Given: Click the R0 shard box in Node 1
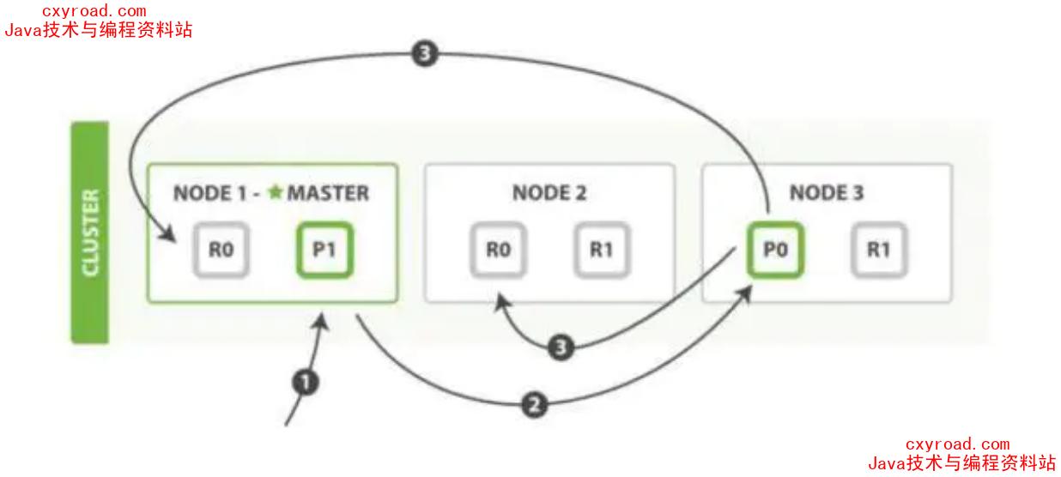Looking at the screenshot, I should pos(220,251).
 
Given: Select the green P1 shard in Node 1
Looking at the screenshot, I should pos(324,251).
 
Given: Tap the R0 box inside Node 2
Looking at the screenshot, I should pos(498,251).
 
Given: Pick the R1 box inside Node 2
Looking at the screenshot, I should pos(602,251).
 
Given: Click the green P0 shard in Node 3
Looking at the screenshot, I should pos(774,251).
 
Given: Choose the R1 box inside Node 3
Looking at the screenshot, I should pos(879,251).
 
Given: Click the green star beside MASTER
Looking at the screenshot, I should pos(275,192).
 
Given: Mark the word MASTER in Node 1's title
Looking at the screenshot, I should pos(328,193).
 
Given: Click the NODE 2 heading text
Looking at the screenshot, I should pos(549,193).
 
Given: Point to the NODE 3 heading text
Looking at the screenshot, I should pos(827,193).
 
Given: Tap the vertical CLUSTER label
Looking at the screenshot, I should pos(89,232).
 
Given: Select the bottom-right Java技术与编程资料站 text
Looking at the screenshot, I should pos(961,463).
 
